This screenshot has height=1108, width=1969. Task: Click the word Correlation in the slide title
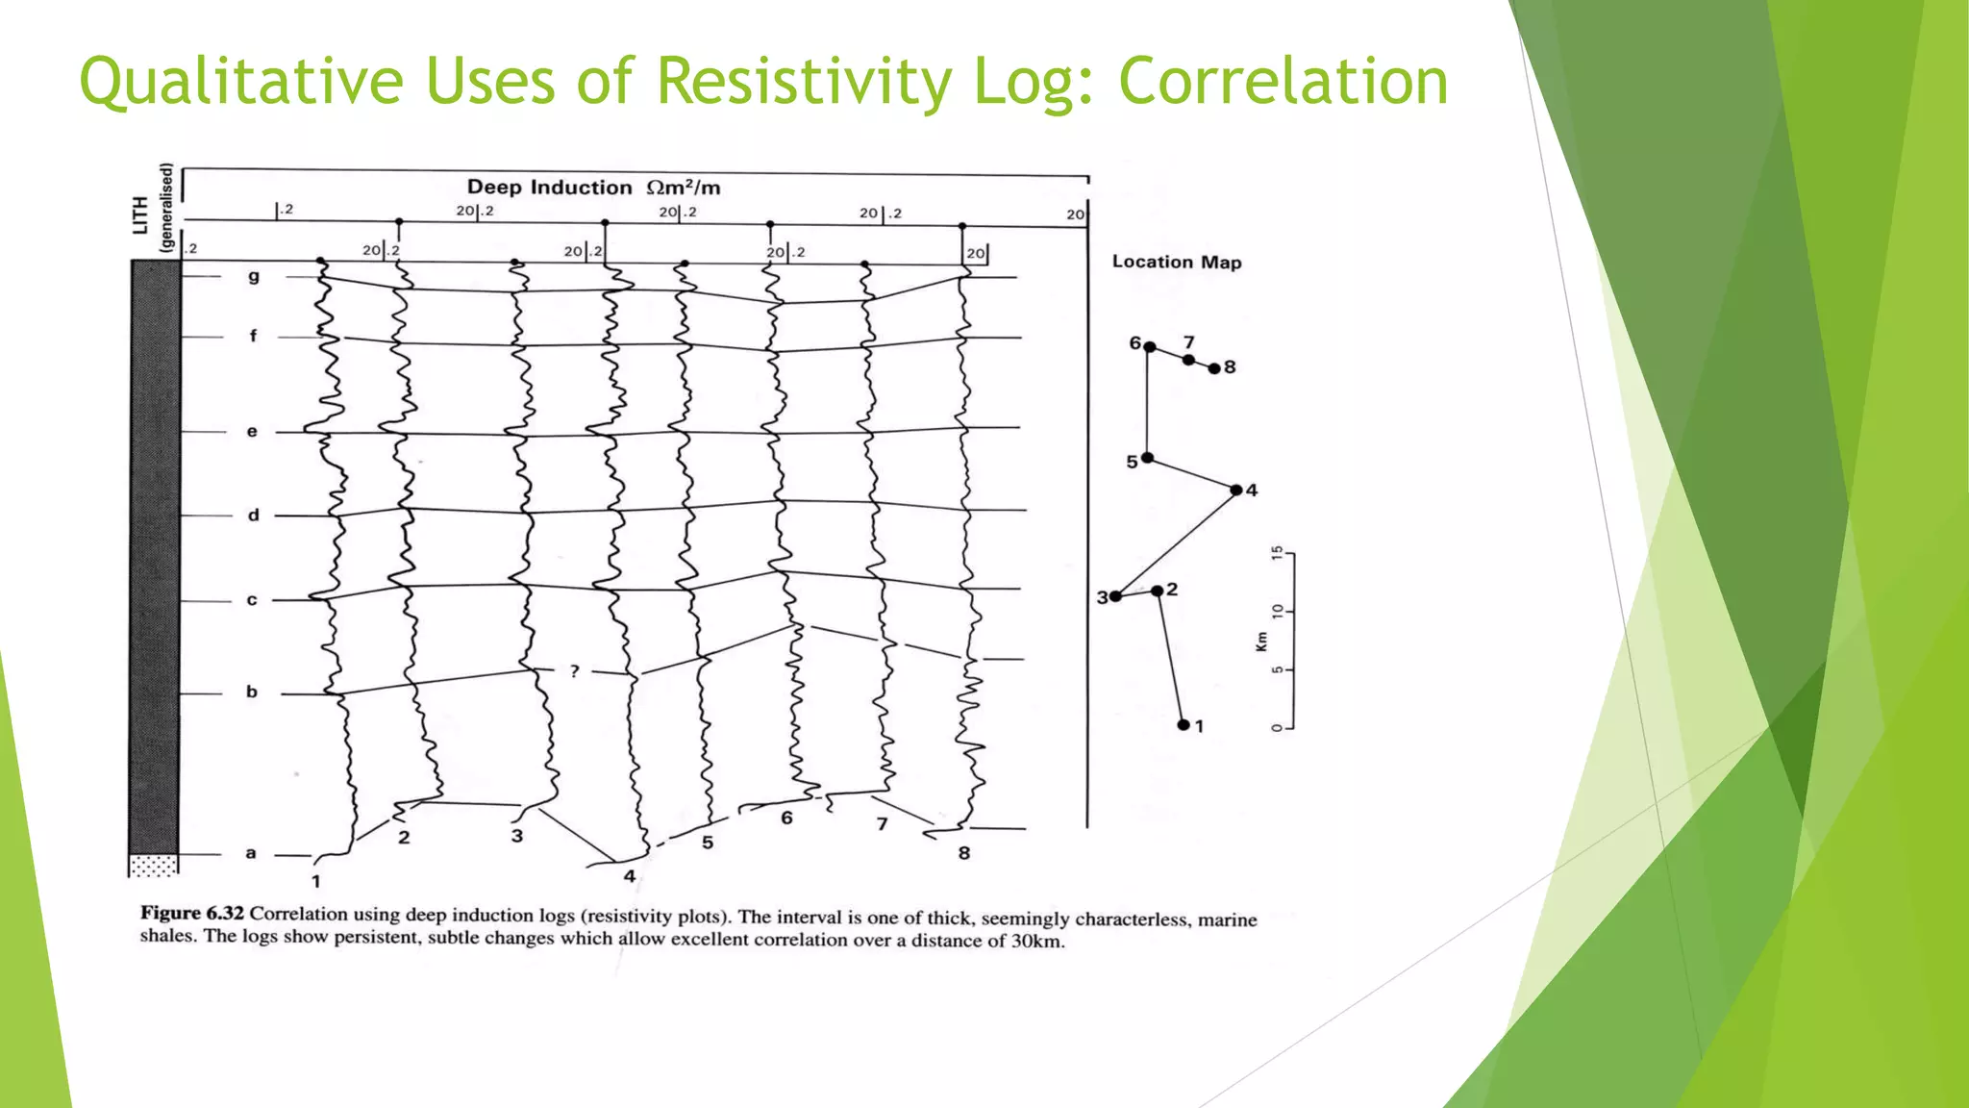click(1283, 82)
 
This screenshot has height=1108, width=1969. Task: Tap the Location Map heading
click(1177, 262)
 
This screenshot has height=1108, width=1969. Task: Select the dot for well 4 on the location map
click(1236, 490)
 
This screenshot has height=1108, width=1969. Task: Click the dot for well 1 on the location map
click(1184, 724)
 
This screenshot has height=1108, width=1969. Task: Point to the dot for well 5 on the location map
click(1147, 458)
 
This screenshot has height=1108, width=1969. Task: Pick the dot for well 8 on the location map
click(1214, 368)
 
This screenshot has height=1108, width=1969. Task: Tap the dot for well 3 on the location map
click(1115, 596)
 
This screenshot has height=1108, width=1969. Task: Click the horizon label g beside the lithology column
click(254, 277)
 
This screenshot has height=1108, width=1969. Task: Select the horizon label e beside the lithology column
click(252, 432)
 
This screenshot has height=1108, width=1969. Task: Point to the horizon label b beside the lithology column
click(252, 692)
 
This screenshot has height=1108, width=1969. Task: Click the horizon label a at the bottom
click(251, 853)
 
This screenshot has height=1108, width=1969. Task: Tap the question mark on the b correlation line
click(574, 670)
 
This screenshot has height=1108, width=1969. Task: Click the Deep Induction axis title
click(593, 188)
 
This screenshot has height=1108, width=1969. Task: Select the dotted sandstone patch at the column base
click(154, 865)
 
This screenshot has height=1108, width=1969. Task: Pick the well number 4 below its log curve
click(630, 876)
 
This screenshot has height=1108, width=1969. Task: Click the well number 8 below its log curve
click(964, 853)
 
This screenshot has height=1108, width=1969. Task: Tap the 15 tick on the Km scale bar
click(1277, 553)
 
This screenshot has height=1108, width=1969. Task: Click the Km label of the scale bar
click(1261, 642)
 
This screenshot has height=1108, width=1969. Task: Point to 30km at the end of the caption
click(1036, 941)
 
